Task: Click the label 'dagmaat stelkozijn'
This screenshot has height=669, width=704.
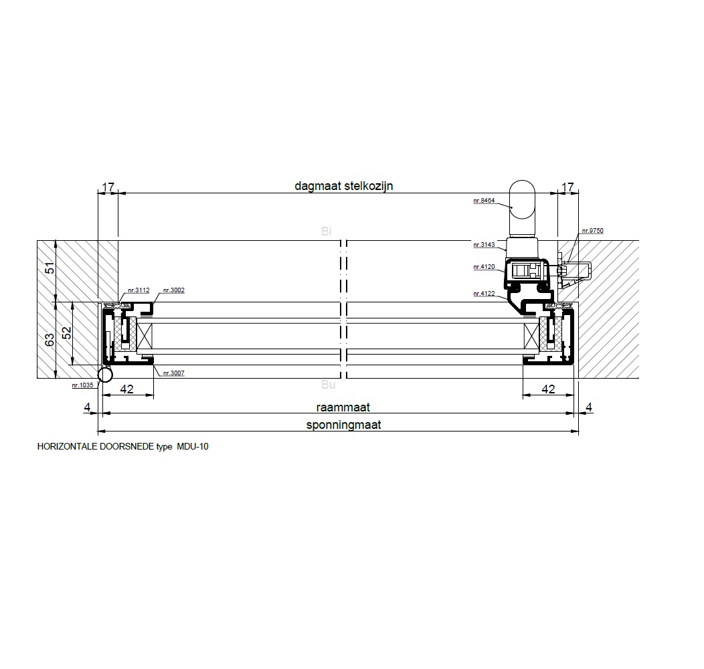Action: tap(343, 186)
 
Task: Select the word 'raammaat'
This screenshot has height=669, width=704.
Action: tap(343, 407)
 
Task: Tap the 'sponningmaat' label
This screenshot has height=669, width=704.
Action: tap(343, 425)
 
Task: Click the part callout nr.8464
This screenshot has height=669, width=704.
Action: tap(484, 201)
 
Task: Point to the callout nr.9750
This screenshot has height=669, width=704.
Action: tap(593, 231)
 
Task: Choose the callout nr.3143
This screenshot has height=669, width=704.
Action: tap(484, 245)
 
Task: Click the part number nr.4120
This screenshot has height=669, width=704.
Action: tap(484, 267)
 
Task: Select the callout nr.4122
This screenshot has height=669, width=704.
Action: tap(484, 294)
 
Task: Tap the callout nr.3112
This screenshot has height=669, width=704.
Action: tap(139, 290)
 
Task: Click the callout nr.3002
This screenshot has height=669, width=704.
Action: tap(174, 290)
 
